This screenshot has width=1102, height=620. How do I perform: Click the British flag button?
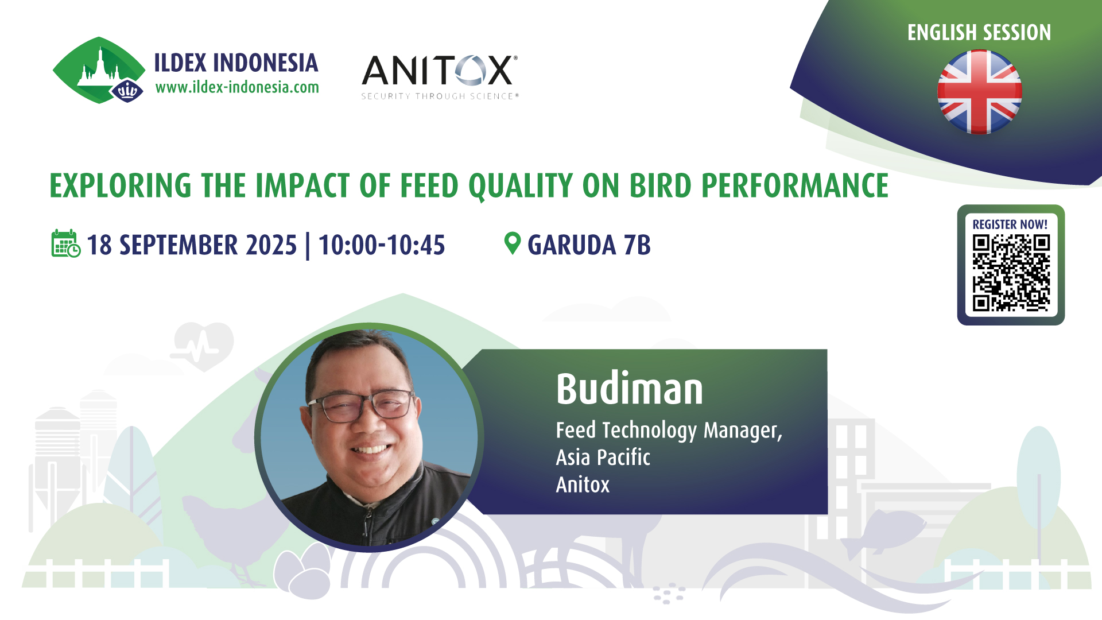click(x=979, y=92)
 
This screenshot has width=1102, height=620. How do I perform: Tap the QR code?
click(x=1011, y=273)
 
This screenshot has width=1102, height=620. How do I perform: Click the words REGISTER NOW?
click(x=1010, y=224)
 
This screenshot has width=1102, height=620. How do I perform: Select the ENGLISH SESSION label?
click(x=979, y=33)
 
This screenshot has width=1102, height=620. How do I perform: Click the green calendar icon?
click(x=66, y=243)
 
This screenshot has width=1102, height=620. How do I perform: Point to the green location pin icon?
click(x=512, y=243)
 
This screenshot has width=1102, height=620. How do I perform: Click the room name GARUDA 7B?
click(x=589, y=245)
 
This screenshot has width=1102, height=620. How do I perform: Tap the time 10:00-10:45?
click(x=382, y=245)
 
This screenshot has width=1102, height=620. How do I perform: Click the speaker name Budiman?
click(x=630, y=389)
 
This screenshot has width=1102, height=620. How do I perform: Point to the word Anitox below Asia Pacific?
click(x=583, y=485)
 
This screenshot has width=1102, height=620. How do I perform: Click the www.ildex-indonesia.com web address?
click(x=237, y=87)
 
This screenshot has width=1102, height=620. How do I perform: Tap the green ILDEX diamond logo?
click(x=99, y=70)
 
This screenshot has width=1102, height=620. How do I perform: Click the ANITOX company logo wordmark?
click(x=440, y=71)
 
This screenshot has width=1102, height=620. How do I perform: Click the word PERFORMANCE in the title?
click(x=795, y=185)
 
